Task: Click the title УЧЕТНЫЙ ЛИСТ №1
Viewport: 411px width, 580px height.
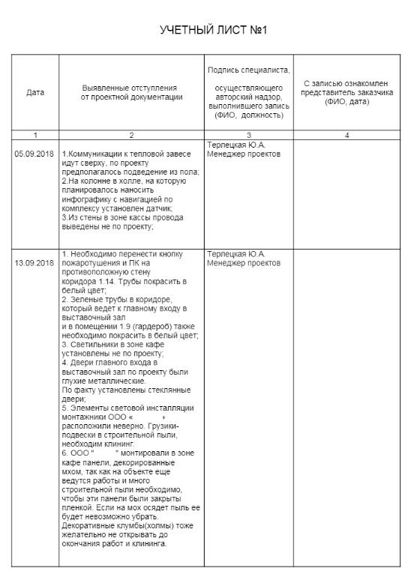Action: coord(214,31)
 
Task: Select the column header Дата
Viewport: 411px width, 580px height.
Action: coord(35,93)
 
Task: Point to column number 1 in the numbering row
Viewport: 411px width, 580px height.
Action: coord(35,135)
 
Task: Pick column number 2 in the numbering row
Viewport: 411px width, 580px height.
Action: coord(130,135)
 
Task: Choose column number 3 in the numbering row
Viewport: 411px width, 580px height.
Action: coord(248,135)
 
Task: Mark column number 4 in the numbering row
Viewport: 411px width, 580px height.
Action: coord(346,135)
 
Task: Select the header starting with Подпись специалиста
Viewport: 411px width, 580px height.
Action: coord(248,70)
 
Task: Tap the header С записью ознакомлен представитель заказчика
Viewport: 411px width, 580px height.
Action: coord(347,92)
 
